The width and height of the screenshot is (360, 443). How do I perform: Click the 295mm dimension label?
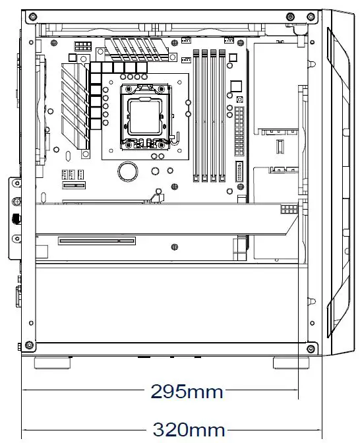pos(187,392)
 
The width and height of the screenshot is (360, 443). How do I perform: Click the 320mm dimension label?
pos(189,429)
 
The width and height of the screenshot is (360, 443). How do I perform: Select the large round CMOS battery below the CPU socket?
pos(127,171)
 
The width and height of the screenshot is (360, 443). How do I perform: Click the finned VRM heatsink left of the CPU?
pos(75,105)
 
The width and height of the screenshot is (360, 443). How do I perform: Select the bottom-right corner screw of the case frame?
pos(311,345)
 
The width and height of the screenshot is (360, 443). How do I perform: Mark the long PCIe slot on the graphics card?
pos(97,241)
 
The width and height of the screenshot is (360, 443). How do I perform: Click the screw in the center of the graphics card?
pos(174,247)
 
